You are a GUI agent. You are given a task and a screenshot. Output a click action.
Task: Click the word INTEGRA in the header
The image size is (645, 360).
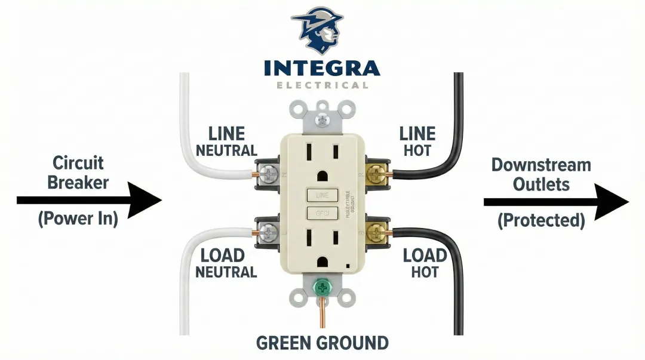coord(322,67)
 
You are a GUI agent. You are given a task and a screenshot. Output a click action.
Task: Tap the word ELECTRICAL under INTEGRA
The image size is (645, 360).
coord(322,85)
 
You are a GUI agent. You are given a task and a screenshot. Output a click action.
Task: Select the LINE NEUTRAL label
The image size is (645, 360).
coord(227,141)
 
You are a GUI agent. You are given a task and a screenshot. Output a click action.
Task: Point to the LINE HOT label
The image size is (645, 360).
coord(417,141)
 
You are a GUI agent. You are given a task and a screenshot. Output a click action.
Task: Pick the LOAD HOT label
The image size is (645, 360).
coord(425,263)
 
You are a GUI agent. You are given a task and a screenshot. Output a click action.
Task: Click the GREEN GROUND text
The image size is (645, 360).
coord(322,343)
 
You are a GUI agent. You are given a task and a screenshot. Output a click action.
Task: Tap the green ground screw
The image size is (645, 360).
coord(323,289)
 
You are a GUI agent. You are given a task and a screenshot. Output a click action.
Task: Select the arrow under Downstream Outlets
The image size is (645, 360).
coord(555,202)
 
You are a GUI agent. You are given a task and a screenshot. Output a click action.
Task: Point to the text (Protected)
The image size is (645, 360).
coord(541,220)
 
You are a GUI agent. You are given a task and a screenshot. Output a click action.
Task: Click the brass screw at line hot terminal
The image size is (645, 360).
coord(376,174)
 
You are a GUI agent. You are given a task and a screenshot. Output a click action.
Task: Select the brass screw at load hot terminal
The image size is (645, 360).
coord(376,231)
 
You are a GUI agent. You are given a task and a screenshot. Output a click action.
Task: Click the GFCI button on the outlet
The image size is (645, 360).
coord(322,213)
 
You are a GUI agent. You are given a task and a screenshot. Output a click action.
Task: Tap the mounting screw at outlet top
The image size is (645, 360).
coord(322,119)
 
